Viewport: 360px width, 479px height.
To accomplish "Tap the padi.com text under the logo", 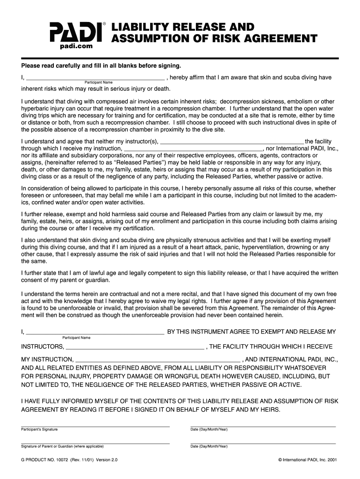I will point(76,46).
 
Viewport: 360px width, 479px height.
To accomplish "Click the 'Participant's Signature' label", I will point(40,429).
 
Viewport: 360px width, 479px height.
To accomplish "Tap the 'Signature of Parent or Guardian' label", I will point(62,446).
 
